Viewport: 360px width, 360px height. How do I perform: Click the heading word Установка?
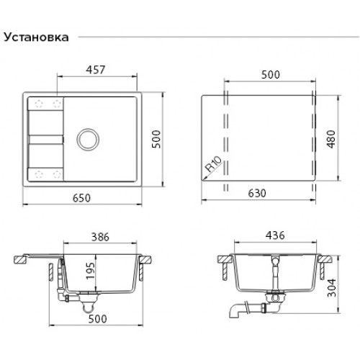[x=37, y=37]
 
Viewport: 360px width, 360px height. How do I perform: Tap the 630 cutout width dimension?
[x=259, y=194]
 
